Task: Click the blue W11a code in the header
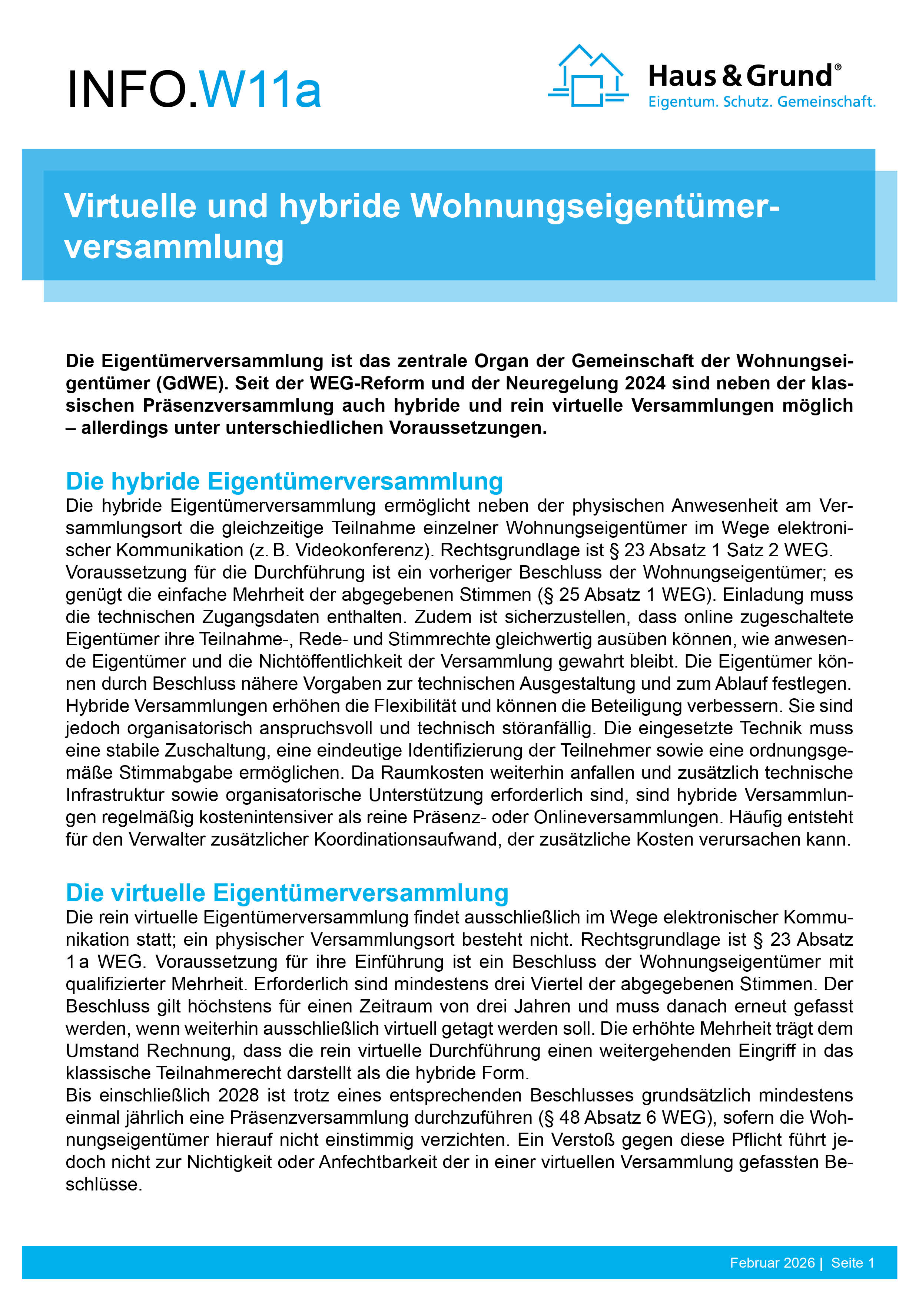tap(261, 89)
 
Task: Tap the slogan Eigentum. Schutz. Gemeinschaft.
tap(762, 102)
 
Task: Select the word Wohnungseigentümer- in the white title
tap(594, 206)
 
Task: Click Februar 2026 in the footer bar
tap(772, 1263)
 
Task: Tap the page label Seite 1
tap(852, 1263)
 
